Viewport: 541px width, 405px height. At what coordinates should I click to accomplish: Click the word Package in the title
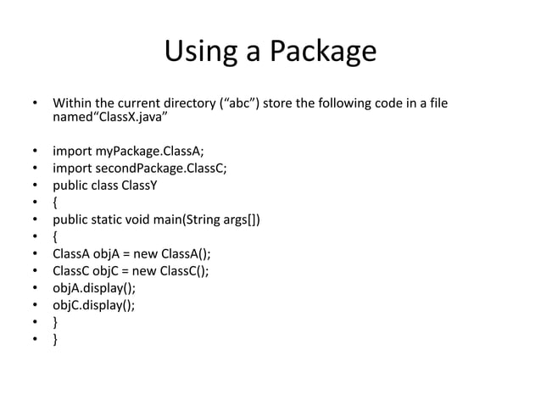[323, 54]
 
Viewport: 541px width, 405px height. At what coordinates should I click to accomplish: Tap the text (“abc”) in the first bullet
[241, 105]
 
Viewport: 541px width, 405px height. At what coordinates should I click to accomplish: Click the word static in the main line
[114, 222]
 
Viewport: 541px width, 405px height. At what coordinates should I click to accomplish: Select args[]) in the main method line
[243, 222]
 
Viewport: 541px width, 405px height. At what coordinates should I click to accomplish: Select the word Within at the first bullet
[72, 105]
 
